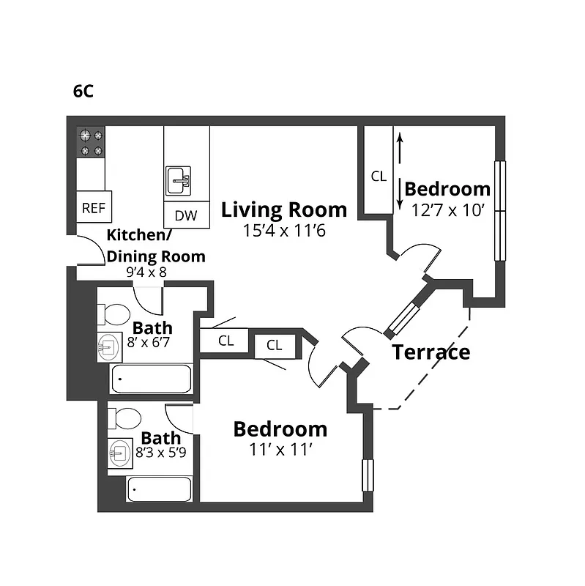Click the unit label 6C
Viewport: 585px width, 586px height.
click(x=83, y=92)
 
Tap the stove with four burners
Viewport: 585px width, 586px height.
click(x=92, y=142)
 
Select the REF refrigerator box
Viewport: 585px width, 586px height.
click(x=93, y=208)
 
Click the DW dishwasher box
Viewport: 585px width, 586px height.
click(x=186, y=215)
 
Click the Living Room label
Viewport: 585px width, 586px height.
click(x=284, y=210)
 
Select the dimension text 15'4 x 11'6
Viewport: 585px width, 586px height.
click(x=284, y=231)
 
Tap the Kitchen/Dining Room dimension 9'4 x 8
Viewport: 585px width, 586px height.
click(x=147, y=272)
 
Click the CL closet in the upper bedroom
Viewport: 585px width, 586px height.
click(x=378, y=176)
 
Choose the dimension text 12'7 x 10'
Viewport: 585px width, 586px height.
click(x=448, y=209)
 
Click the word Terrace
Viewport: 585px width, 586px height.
click(x=431, y=352)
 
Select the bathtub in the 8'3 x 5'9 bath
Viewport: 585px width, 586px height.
click(x=160, y=489)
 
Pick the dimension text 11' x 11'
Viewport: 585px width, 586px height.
click(x=280, y=448)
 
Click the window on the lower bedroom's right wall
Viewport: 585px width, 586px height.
click(x=368, y=475)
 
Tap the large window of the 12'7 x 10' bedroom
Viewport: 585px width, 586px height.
click(x=501, y=211)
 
